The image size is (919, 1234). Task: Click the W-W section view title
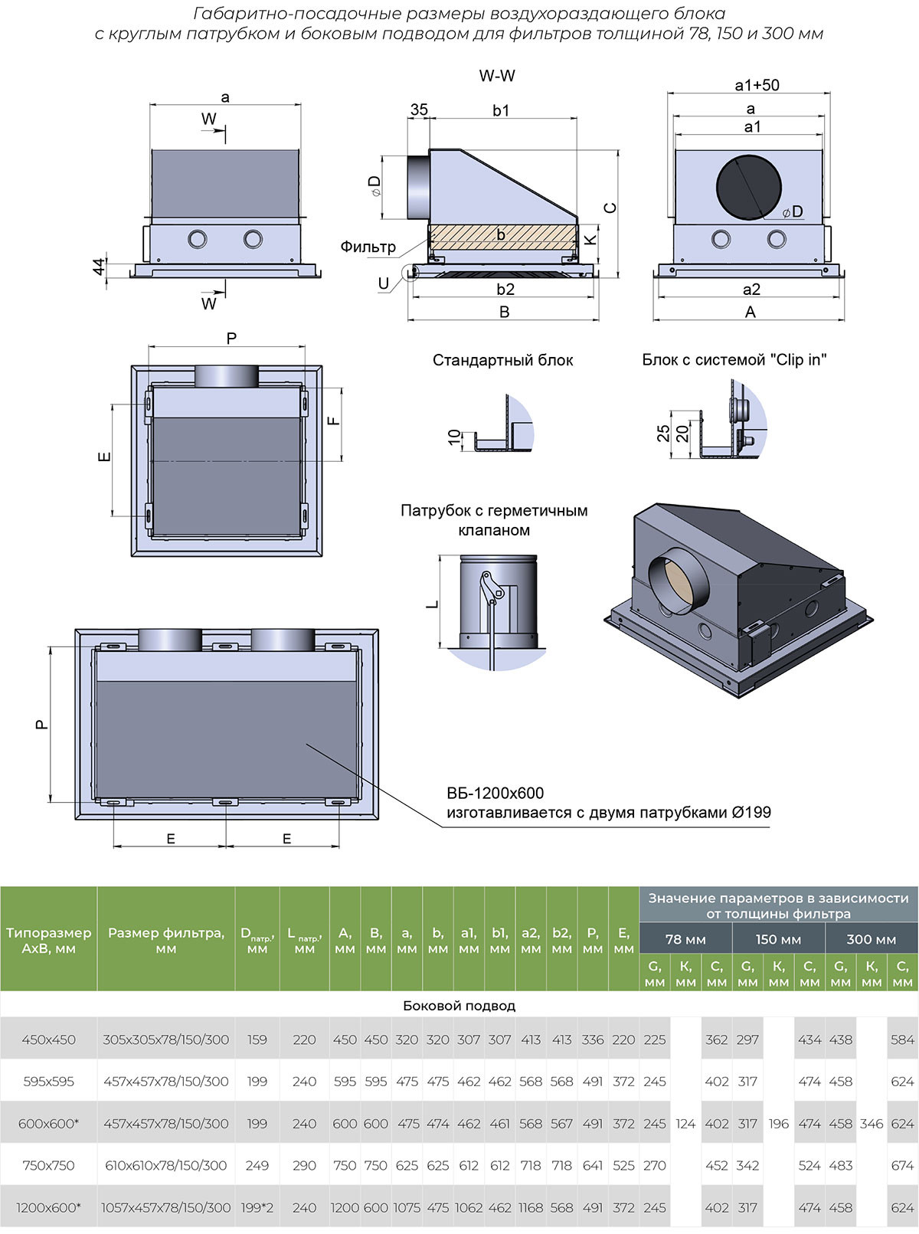pyautogui.click(x=497, y=76)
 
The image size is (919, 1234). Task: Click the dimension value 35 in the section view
pyautogui.click(x=419, y=110)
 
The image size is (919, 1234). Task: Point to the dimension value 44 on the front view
pyautogui.click(x=99, y=266)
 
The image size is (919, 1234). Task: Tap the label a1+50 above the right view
pyautogui.click(x=757, y=85)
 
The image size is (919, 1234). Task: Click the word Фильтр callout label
pyautogui.click(x=368, y=247)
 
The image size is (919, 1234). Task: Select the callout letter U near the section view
pyautogui.click(x=384, y=283)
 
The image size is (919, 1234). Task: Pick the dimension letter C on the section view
pyautogui.click(x=610, y=208)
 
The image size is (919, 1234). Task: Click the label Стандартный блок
pyautogui.click(x=502, y=360)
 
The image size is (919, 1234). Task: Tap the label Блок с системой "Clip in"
pyautogui.click(x=734, y=360)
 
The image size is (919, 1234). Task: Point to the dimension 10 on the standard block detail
pyautogui.click(x=455, y=437)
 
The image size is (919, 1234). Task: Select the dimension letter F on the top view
pyautogui.click(x=334, y=421)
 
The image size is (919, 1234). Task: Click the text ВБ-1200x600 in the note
pyautogui.click(x=495, y=794)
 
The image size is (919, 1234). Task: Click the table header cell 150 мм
pyautogui.click(x=778, y=939)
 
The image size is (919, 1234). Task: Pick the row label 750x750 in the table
pyautogui.click(x=48, y=1165)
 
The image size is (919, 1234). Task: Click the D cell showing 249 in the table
pyautogui.click(x=257, y=1165)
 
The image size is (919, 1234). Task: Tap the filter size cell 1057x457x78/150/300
pyautogui.click(x=166, y=1207)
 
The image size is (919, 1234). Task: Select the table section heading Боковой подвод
pyautogui.click(x=459, y=1006)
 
